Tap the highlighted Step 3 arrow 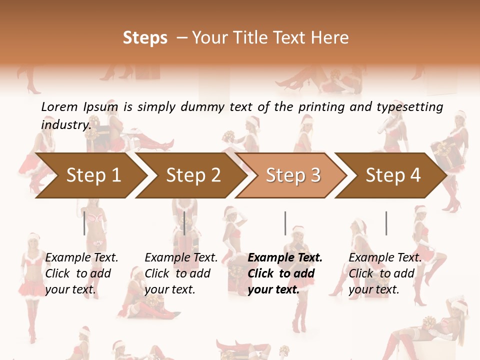[293, 175]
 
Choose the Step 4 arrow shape [393, 175]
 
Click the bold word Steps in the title [145, 38]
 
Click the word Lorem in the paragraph [59, 107]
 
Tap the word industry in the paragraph [65, 124]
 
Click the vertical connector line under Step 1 [84, 223]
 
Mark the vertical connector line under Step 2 [184, 223]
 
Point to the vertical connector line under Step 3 [285, 223]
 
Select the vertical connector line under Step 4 [386, 223]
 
